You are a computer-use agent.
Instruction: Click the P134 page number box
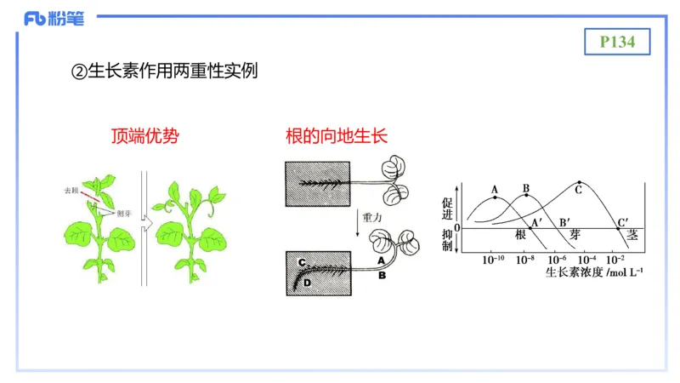point(618,41)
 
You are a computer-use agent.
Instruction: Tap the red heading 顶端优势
point(144,135)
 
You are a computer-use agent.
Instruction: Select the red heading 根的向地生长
point(337,135)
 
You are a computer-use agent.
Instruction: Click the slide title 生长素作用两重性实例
point(163,72)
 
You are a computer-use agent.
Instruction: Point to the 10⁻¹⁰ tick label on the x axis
point(493,259)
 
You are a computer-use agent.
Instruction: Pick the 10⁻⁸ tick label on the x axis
point(524,259)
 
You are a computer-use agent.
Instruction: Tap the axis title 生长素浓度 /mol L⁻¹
point(594,273)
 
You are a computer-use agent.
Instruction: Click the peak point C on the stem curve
point(580,183)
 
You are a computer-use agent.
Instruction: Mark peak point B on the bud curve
point(526,196)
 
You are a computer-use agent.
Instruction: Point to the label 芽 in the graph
point(575,235)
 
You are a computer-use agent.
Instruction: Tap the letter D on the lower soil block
point(307,282)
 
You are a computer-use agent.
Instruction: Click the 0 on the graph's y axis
point(456,228)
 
